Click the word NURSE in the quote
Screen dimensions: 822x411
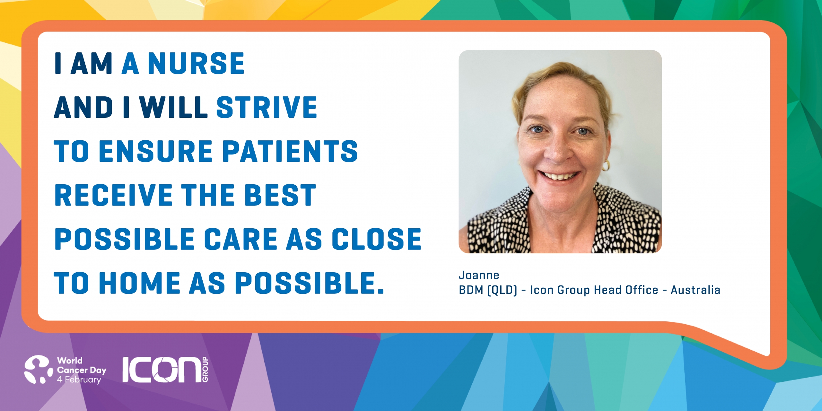coord(196,63)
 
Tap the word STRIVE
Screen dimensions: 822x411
coord(267,107)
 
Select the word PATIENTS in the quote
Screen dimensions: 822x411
coord(290,151)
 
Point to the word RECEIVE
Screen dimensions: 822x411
coord(114,195)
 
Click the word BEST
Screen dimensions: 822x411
coord(280,195)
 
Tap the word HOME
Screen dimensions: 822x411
coord(140,283)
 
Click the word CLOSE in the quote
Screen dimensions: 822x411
coord(376,239)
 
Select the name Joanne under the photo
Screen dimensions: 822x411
coord(479,275)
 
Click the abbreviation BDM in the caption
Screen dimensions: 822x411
coord(471,290)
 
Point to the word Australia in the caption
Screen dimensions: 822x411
coord(695,290)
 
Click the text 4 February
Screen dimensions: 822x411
coord(79,380)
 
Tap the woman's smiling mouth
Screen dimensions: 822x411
coord(559,176)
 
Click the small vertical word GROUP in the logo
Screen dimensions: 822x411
coord(205,370)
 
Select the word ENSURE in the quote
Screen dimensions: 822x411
coord(156,151)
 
